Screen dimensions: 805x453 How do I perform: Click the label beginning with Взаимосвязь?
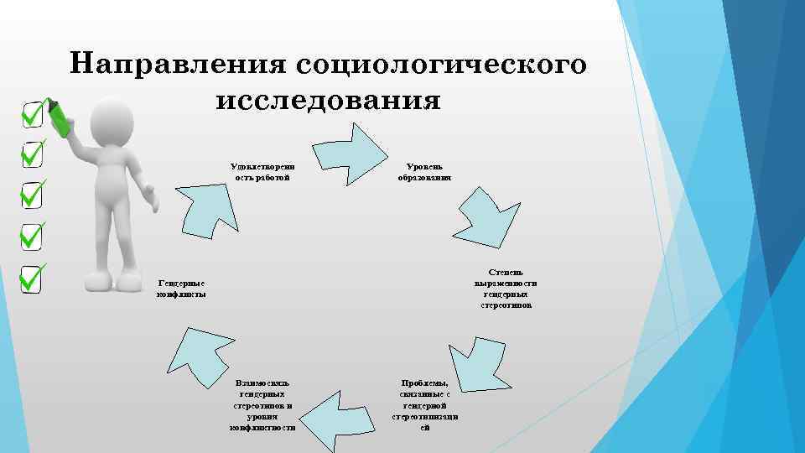click(262, 404)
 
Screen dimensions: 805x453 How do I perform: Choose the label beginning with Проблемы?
click(424, 404)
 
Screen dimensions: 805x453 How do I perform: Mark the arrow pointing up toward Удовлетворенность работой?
click(209, 206)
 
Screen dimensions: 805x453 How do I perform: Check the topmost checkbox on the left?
click(33, 115)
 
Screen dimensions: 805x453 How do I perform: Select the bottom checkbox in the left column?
click(33, 279)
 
